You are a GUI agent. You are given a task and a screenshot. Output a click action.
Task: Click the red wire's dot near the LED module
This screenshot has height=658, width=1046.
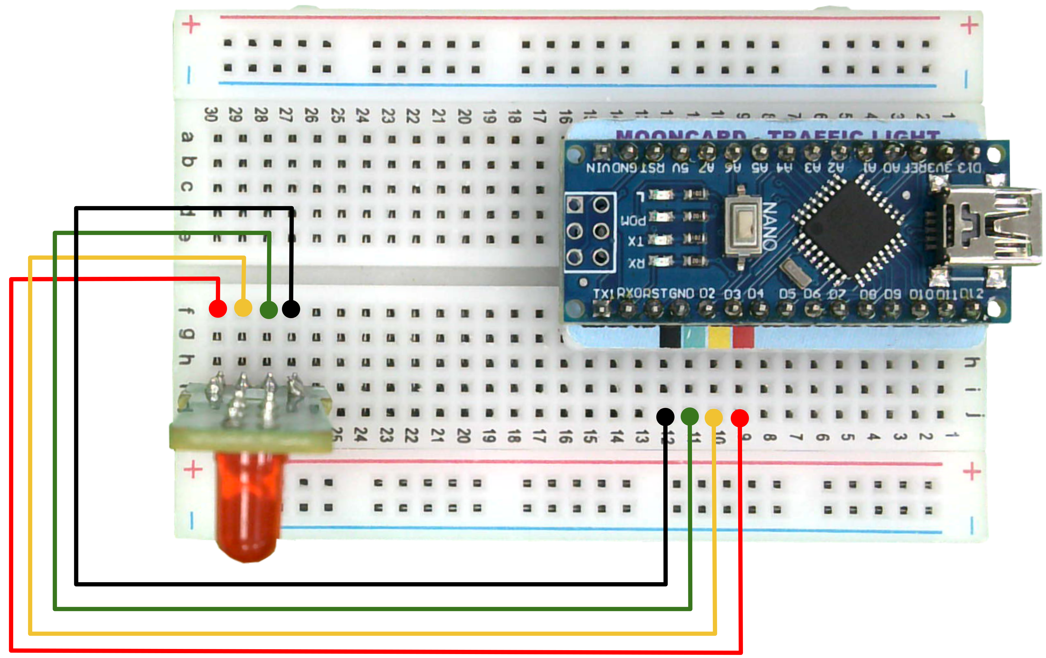point(218,308)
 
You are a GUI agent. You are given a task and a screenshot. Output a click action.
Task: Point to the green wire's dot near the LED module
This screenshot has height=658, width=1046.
point(269,310)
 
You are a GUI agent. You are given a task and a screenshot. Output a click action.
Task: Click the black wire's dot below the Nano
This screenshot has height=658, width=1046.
point(665,417)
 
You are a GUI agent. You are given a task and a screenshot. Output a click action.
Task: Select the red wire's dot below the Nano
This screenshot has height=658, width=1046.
point(739,418)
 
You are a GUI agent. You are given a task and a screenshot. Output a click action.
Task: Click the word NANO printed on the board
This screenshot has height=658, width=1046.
point(770,226)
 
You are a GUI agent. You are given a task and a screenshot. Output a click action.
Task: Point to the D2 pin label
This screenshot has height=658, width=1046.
point(707,294)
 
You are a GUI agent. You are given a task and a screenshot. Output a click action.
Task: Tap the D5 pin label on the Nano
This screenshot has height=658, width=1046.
point(787,294)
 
